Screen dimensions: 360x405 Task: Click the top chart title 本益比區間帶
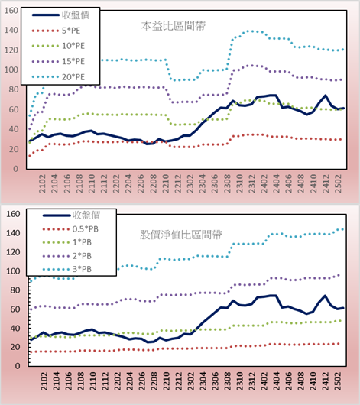pos(174,26)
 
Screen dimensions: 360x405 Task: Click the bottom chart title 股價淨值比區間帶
pos(180,235)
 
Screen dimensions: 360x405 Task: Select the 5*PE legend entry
pos(71,31)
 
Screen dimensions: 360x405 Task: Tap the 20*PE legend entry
pos(73,77)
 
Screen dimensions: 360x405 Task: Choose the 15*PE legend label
pos(73,61)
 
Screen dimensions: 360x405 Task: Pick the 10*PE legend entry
pos(73,46)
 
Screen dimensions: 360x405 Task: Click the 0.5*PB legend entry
pos(86,229)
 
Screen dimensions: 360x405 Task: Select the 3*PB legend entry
pos(83,269)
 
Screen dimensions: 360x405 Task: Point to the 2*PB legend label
pos(83,256)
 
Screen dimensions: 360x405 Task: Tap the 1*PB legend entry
pos(83,242)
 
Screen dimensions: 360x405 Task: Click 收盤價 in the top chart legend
pos(76,15)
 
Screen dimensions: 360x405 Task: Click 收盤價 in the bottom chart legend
pos(86,215)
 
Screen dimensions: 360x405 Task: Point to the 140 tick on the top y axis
pos(11,31)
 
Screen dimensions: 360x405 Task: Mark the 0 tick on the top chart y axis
pos(16,169)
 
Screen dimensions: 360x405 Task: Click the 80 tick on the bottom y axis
pos(15,290)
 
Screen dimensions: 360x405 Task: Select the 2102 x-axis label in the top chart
pos(42,183)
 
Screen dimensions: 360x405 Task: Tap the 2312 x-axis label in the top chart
pos(252,183)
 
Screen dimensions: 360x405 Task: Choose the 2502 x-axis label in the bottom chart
pos(338,381)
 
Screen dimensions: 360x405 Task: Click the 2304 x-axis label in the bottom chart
pos(203,381)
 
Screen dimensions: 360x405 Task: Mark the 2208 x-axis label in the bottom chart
pos(154,381)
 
